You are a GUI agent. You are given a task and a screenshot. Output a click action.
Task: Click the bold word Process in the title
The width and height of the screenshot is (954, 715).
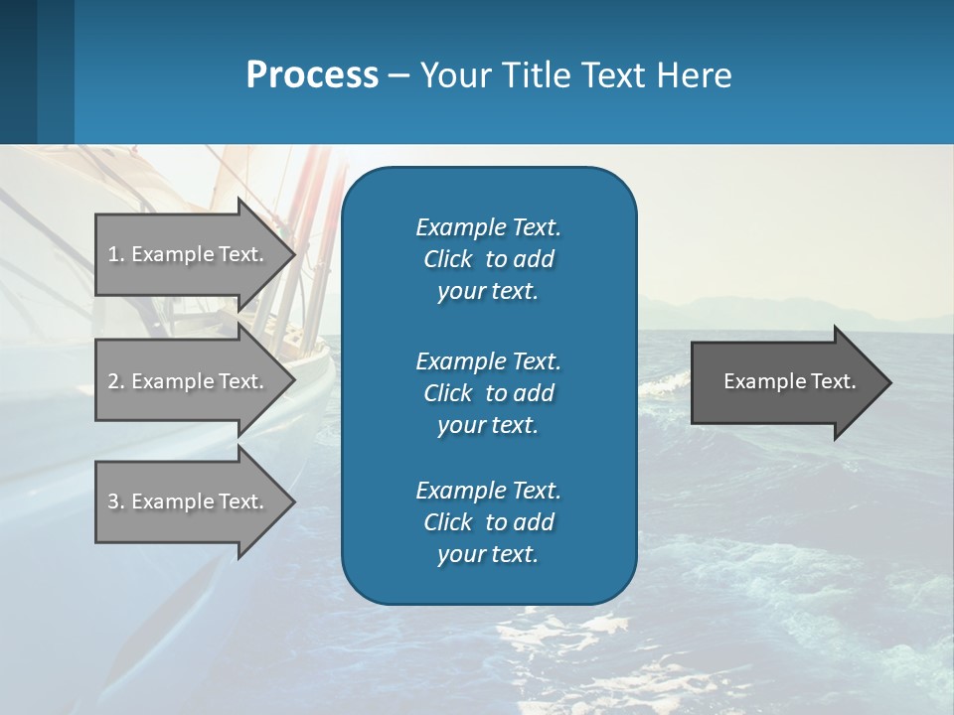312,75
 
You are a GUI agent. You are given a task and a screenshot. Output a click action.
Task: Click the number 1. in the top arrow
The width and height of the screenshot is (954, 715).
115,254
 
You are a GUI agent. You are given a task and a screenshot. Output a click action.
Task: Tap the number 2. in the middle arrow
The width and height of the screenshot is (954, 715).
115,381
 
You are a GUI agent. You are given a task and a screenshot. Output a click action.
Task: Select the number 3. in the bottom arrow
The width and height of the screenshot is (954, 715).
115,501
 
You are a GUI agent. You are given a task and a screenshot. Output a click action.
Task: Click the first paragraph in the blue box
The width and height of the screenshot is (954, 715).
488,259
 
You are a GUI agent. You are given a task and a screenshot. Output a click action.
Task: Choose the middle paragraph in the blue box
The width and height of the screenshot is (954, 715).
488,393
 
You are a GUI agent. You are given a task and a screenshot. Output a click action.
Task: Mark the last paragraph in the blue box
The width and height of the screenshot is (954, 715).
488,522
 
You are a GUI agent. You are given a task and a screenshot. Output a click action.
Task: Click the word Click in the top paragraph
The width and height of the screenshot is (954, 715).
447,259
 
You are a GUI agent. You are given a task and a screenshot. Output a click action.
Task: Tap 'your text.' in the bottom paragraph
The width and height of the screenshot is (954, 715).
488,554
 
